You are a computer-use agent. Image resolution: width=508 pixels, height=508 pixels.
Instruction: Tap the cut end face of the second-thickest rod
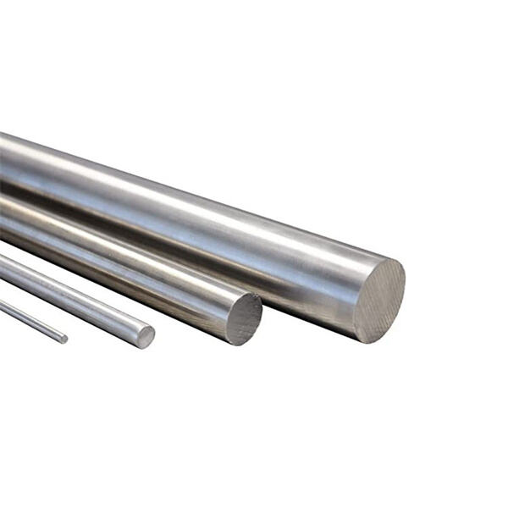pyautogui.click(x=244, y=318)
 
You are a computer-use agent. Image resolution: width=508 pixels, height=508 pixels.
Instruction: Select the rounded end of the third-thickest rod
pyautogui.click(x=146, y=337)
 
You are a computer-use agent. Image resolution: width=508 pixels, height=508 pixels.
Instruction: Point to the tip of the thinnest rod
pyautogui.click(x=63, y=339)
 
